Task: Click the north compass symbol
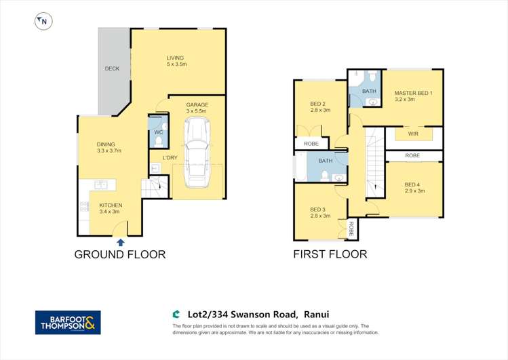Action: tap(43, 22)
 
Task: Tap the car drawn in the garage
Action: tap(197, 153)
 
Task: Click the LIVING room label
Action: tap(176, 58)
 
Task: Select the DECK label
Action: tap(112, 69)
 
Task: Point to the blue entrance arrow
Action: tap(120, 241)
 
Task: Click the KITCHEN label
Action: tap(110, 205)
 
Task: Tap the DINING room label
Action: tap(105, 144)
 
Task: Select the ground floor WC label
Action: tap(157, 132)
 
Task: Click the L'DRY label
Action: tap(170, 158)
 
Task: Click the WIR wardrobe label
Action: tap(413, 134)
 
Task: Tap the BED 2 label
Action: tap(318, 103)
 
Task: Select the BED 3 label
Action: tap(319, 209)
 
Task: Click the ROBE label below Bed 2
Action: tap(311, 144)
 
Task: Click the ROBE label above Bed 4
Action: tap(412, 156)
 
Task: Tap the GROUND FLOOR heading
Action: tap(119, 255)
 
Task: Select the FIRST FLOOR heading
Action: tap(330, 255)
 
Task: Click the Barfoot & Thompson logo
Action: tap(68, 322)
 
